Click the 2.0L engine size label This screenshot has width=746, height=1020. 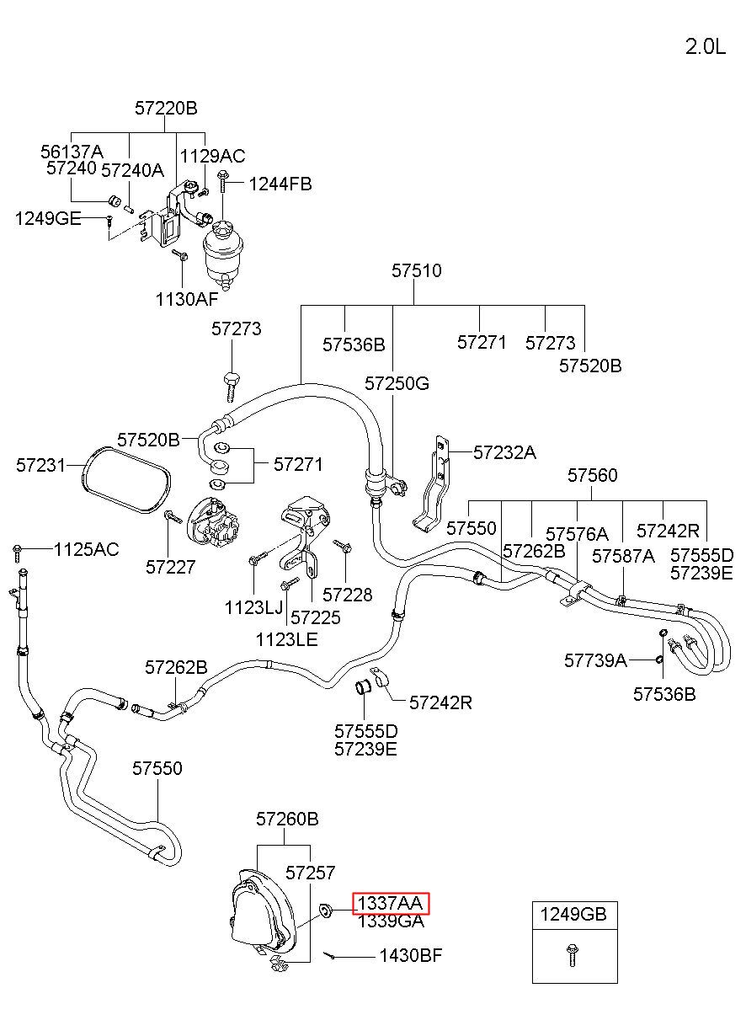click(x=706, y=46)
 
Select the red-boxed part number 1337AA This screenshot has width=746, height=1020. click(x=391, y=904)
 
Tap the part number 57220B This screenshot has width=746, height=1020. click(x=166, y=109)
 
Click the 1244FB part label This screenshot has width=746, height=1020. click(x=280, y=184)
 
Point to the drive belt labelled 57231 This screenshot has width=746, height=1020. click(x=126, y=479)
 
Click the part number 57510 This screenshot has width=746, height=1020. click(x=417, y=270)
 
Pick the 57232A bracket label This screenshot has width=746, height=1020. click(x=504, y=452)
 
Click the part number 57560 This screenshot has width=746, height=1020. click(x=592, y=475)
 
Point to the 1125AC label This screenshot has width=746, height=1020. click(x=87, y=550)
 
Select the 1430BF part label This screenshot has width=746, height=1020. click(x=411, y=955)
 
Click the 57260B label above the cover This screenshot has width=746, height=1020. click(x=287, y=820)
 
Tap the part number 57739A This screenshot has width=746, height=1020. click(x=595, y=660)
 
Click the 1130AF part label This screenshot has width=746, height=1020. click(x=187, y=299)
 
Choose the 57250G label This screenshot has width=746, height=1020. click(x=397, y=383)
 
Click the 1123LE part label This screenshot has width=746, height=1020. click(x=287, y=640)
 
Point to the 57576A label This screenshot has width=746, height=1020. click(x=577, y=534)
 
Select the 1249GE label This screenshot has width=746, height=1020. click(x=48, y=219)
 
